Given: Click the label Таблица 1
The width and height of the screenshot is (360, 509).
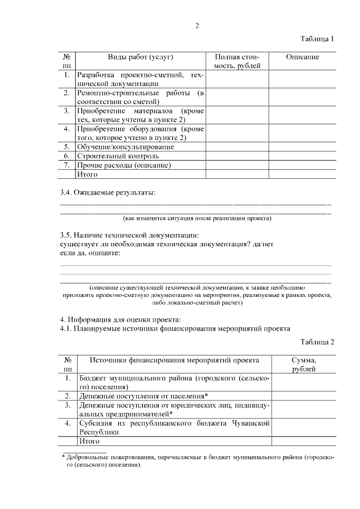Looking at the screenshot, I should (x=317, y=39).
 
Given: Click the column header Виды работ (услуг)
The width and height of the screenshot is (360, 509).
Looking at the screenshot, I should (x=140, y=57).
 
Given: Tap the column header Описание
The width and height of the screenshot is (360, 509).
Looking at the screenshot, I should (x=302, y=57).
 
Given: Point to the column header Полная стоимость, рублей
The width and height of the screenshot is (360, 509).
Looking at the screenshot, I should (x=237, y=62).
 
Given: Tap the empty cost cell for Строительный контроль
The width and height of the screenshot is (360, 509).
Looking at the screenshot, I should (x=237, y=156).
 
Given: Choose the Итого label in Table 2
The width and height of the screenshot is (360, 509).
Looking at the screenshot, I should (x=89, y=442).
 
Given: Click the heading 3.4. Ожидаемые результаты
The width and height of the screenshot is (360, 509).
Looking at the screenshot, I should (x=107, y=192).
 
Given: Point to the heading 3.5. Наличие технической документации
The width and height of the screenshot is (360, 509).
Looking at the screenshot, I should (x=129, y=235).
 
